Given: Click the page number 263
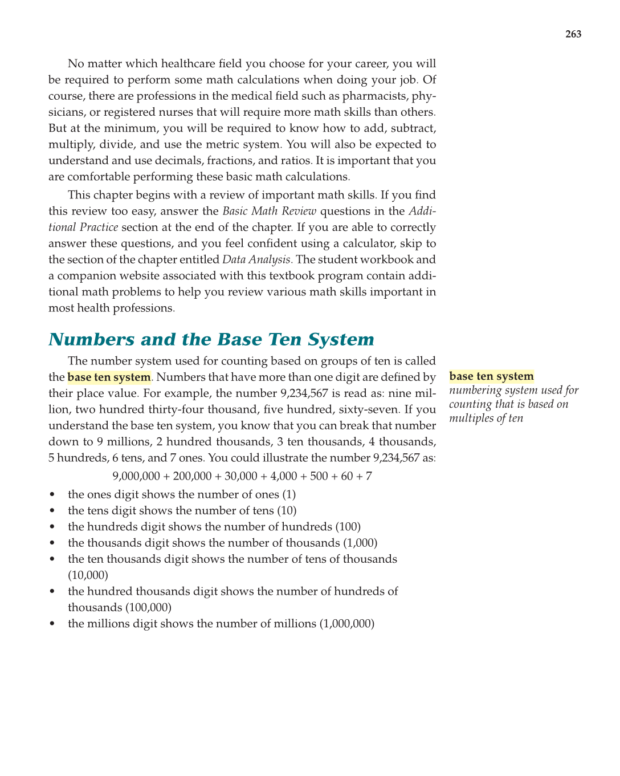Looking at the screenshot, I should tap(573, 34).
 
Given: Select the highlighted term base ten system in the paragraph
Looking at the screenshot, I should tap(109, 377).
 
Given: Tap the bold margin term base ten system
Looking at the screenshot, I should tap(491, 376).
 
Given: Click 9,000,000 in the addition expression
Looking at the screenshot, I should tap(136, 476).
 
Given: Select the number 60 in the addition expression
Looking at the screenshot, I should tap(347, 476).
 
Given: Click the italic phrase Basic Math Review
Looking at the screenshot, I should tap(269, 212).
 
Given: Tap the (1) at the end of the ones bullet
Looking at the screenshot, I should tap(289, 495).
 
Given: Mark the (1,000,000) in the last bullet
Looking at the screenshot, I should tap(346, 624).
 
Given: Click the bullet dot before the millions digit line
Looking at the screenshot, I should tap(52, 624).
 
